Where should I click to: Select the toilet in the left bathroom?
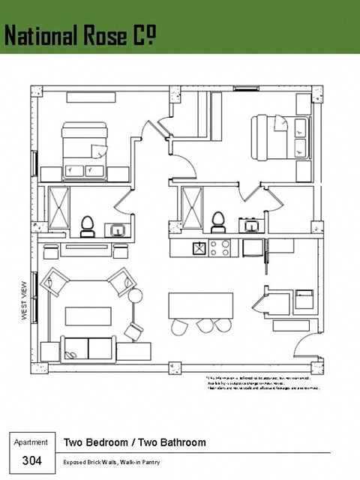pyautogui.click(x=87, y=224)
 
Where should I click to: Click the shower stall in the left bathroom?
pyautogui.click(x=58, y=206)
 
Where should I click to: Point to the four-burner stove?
pyautogui.click(x=221, y=247)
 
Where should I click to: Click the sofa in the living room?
pyautogui.click(x=88, y=347)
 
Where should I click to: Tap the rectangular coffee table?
pyautogui.click(x=88, y=315)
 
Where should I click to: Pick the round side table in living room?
pyautogui.click(x=135, y=296)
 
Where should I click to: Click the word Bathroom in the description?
pyautogui.click(x=179, y=442)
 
